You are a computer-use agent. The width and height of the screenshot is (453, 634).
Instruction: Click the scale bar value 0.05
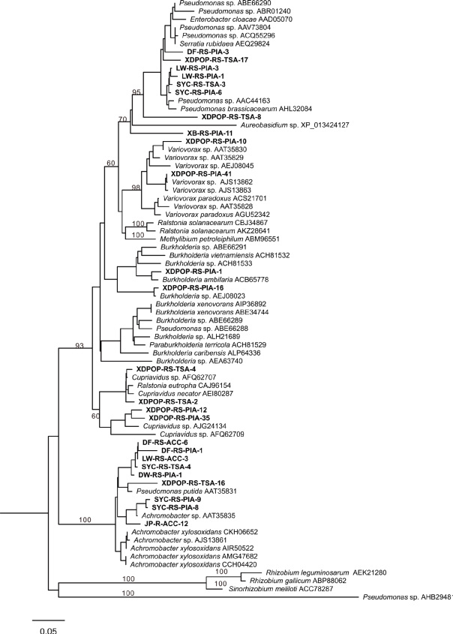pos(49,630)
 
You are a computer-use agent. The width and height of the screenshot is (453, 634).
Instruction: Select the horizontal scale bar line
pos(49,620)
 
